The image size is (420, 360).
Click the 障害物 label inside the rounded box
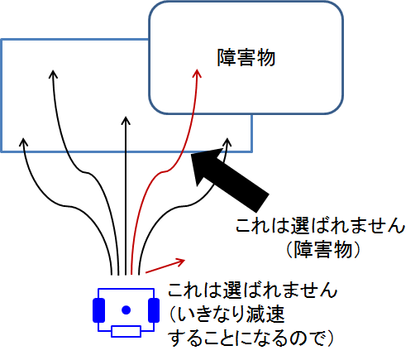pyautogui.click(x=245, y=59)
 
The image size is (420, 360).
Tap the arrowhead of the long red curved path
pyautogui.click(x=198, y=74)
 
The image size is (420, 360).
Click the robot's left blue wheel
pyautogui.click(x=99, y=310)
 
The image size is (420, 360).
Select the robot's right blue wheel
pyautogui.click(x=153, y=310)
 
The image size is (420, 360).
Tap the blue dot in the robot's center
pyautogui.click(x=126, y=310)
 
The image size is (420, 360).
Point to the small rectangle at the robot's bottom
pyautogui.click(x=126, y=332)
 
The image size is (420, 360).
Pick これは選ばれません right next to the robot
pyautogui.click(x=252, y=292)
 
